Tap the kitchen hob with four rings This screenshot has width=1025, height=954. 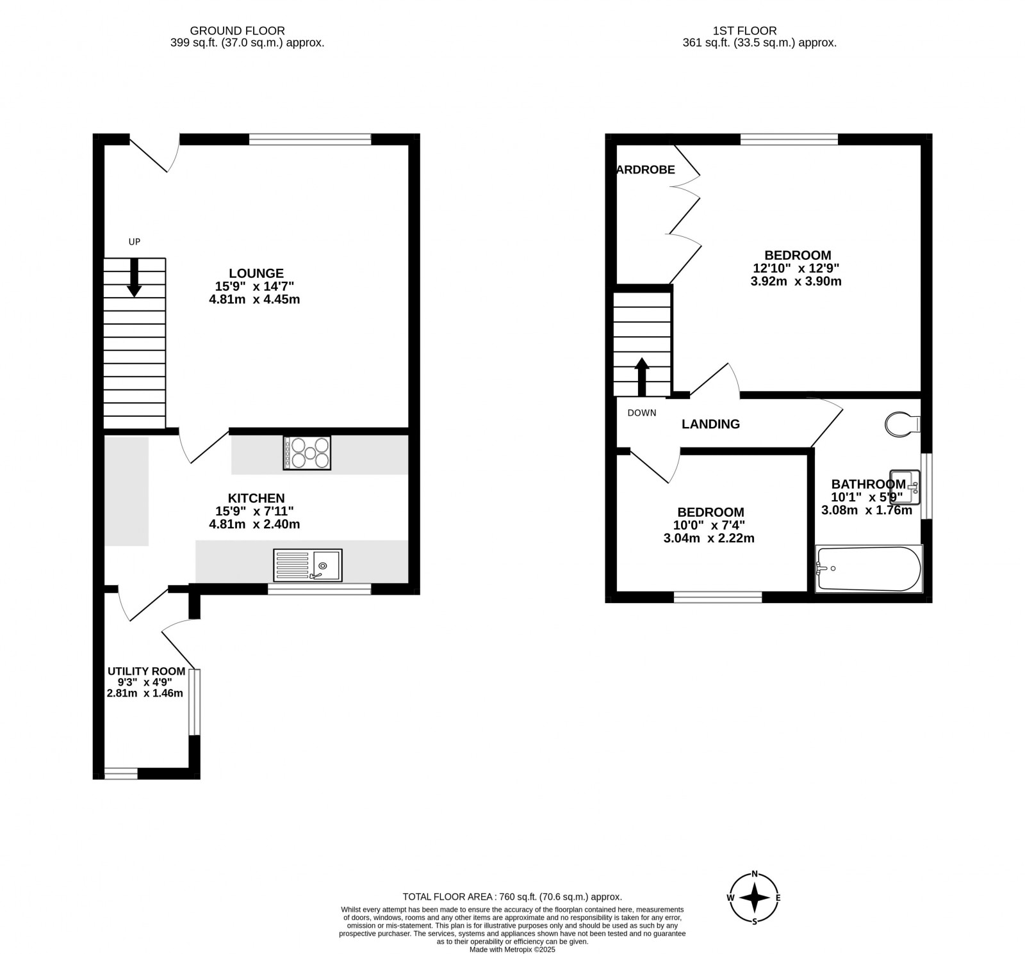point(307,453)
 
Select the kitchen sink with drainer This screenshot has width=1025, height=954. point(307,565)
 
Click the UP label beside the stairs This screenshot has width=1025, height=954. point(135,241)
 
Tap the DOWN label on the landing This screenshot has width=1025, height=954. point(642,413)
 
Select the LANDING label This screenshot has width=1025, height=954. point(710,424)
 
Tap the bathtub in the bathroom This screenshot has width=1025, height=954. point(869,569)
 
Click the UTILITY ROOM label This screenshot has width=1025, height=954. point(146,671)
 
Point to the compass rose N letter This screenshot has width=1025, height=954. point(755,874)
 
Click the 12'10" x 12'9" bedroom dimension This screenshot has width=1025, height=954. point(796,269)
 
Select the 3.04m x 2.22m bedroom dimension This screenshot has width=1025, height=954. point(709,538)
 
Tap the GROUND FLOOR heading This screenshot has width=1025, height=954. point(238,31)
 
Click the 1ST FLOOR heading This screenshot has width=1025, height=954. point(744,31)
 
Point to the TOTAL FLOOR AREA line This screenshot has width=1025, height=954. point(512,897)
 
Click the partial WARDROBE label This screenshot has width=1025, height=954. point(646,170)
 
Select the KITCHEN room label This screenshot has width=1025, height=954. point(256,498)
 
